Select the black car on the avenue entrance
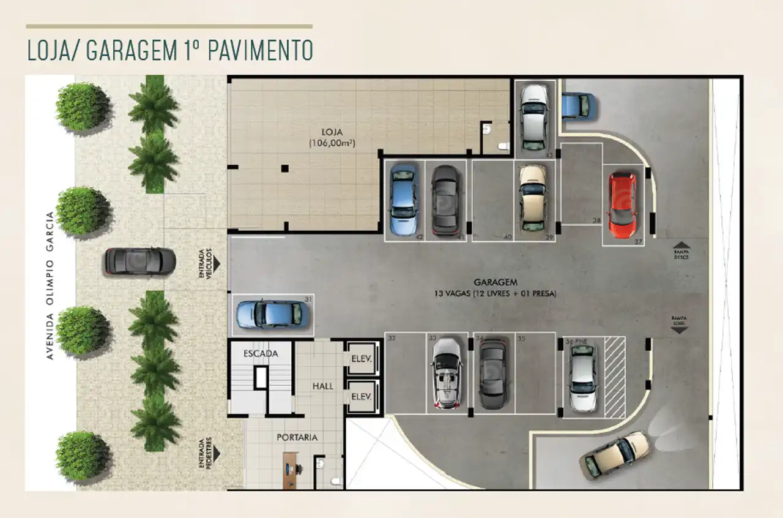pyautogui.click(x=140, y=262)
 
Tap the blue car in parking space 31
pyautogui.click(x=270, y=313)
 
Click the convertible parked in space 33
pyautogui.click(x=447, y=373)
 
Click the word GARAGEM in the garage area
pyautogui.click(x=495, y=283)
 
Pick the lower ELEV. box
pyautogui.click(x=362, y=397)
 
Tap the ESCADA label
pyautogui.click(x=261, y=353)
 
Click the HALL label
pyautogui.click(x=323, y=386)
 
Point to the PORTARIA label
pyautogui.click(x=297, y=437)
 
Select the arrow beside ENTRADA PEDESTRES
pyautogui.click(x=216, y=454)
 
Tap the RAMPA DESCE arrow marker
pyautogui.click(x=681, y=245)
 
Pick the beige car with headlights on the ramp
pyautogui.click(x=615, y=454)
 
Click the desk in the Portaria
pyautogui.click(x=291, y=470)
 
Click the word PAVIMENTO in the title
pyautogui.click(x=260, y=50)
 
